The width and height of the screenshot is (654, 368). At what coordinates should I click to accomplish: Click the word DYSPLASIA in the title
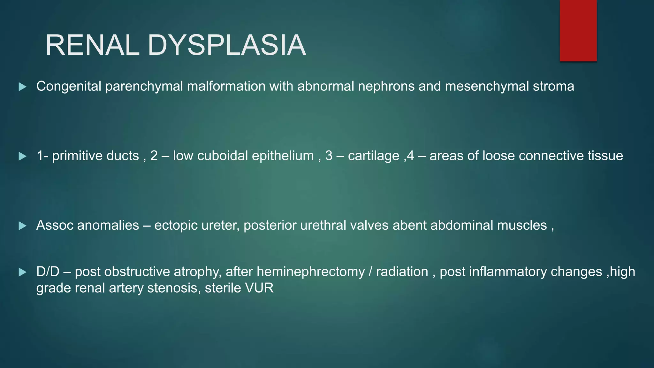[x=227, y=45]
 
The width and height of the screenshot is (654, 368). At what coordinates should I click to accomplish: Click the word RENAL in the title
[x=93, y=45]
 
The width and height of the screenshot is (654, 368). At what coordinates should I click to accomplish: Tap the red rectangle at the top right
[x=578, y=30]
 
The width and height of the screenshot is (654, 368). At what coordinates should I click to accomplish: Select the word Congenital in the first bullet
[x=69, y=87]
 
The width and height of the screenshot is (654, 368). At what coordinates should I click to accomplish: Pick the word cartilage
[x=373, y=156]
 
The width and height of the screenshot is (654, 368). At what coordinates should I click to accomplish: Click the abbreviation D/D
[x=48, y=272]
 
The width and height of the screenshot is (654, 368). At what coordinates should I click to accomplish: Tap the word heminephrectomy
[x=310, y=272]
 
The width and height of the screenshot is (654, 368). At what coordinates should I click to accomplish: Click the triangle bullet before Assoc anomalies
[x=22, y=226]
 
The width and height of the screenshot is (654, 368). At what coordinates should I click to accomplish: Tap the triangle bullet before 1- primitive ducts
[x=22, y=157]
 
